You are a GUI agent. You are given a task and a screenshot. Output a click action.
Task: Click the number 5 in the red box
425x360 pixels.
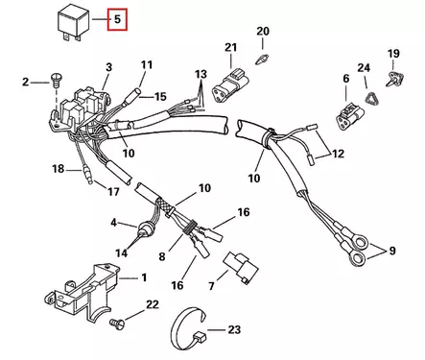[118, 18]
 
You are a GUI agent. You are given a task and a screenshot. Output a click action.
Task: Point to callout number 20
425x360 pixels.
[263, 33]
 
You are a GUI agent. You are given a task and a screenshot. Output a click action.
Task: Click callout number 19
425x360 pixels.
[393, 53]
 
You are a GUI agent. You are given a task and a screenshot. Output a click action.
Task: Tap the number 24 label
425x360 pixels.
[363, 68]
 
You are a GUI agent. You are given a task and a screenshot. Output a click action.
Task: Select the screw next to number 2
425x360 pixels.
[55, 85]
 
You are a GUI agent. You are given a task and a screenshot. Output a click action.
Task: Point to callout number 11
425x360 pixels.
[146, 65]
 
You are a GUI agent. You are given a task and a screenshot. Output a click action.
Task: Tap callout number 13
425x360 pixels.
[200, 75]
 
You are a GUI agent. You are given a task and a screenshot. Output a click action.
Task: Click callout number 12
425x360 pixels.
[338, 154]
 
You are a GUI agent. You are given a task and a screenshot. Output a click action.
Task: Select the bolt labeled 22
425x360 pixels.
[117, 324]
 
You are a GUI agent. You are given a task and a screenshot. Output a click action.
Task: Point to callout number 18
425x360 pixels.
[58, 170]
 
